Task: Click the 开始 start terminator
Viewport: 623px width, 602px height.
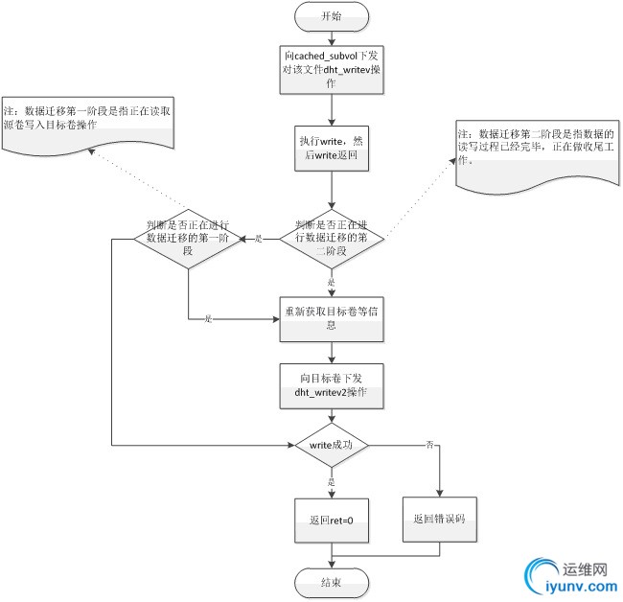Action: (x=331, y=16)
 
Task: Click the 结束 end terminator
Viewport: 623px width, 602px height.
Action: (x=331, y=580)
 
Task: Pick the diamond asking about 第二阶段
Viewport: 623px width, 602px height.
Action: (x=331, y=237)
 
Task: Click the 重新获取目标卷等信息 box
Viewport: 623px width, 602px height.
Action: (x=331, y=318)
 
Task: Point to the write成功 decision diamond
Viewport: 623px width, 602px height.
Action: (x=331, y=446)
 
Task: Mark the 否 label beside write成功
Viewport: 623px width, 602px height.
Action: (x=429, y=445)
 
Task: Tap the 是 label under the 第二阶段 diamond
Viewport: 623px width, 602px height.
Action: (x=331, y=283)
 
